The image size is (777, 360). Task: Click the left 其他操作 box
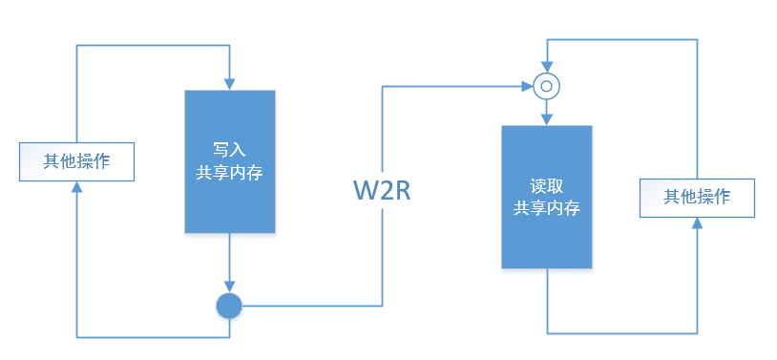pos(76,160)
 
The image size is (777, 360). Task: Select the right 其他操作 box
pos(697,197)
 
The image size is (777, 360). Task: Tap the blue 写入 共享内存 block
pos(229,161)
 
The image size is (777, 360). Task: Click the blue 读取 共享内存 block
pos(547,196)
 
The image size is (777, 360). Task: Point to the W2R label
pos(382,190)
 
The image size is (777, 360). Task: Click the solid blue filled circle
pos(229,306)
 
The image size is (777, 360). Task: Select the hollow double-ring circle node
pos(546,87)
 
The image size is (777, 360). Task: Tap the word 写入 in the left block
pos(229,150)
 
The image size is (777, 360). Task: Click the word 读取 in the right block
pos(547,185)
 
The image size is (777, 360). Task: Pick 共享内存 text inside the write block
pos(229,174)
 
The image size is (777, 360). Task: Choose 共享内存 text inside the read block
pos(547,208)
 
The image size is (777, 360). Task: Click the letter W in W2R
pos(365,190)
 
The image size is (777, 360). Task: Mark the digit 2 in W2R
pos(385,190)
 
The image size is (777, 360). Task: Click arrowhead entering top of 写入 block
pos(229,83)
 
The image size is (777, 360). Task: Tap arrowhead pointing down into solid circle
pos(229,286)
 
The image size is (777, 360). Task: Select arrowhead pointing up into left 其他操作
pos(76,186)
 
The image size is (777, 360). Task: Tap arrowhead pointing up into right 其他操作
pos(697,222)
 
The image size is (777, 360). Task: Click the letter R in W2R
pos(401,190)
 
